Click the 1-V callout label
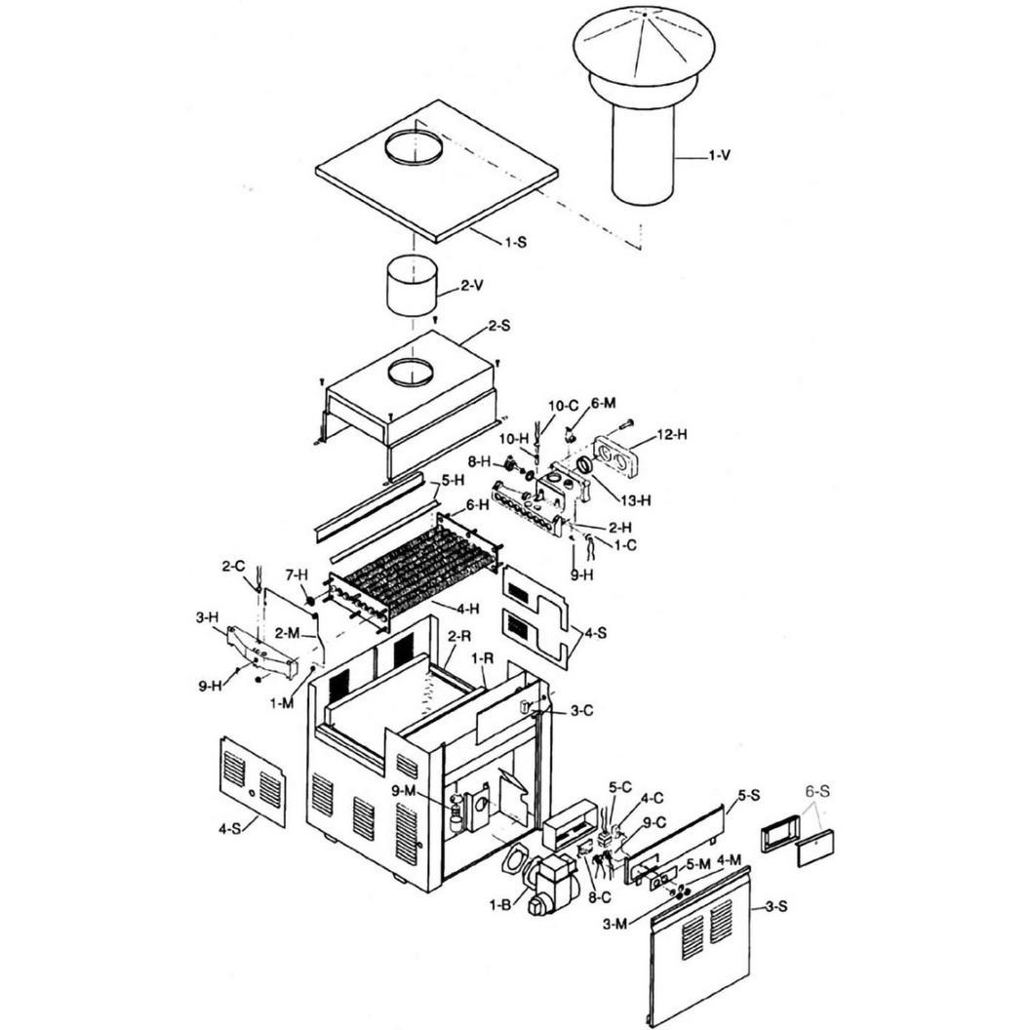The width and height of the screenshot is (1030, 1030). (x=719, y=156)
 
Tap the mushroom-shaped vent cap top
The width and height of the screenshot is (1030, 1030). (x=645, y=45)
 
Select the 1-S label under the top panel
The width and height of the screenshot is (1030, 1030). (x=515, y=242)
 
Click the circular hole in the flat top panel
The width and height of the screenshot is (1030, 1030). (x=414, y=148)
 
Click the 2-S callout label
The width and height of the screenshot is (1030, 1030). (x=498, y=326)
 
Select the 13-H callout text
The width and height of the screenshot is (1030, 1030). (x=636, y=500)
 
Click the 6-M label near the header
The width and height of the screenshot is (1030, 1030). (x=603, y=403)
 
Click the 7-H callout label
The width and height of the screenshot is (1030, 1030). (x=297, y=574)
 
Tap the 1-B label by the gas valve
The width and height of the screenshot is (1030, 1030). (x=500, y=904)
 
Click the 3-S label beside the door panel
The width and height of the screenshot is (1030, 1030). (x=776, y=907)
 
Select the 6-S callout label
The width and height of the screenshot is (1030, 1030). (x=817, y=792)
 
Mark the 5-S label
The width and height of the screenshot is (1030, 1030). (x=749, y=795)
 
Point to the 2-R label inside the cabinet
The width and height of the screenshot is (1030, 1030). (x=459, y=636)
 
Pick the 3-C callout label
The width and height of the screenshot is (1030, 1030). (x=581, y=710)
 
